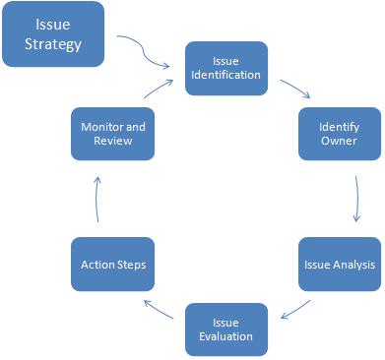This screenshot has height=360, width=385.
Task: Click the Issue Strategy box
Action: [x=52, y=34]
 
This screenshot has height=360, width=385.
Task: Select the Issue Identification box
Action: [x=225, y=67]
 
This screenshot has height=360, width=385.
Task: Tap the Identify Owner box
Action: [x=339, y=134]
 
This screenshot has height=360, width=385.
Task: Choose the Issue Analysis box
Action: [x=339, y=264]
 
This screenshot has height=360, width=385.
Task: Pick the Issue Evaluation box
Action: [x=225, y=329]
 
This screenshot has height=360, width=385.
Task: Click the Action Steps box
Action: [x=111, y=264]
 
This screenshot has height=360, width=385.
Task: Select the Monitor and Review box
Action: [x=111, y=134]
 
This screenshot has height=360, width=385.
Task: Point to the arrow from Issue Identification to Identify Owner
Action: [x=294, y=89]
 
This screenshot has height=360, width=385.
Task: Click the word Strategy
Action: [x=52, y=44]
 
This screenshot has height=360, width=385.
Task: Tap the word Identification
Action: [x=225, y=75]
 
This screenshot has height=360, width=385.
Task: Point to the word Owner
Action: [x=339, y=142]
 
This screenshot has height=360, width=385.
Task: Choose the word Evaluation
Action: [x=225, y=336]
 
